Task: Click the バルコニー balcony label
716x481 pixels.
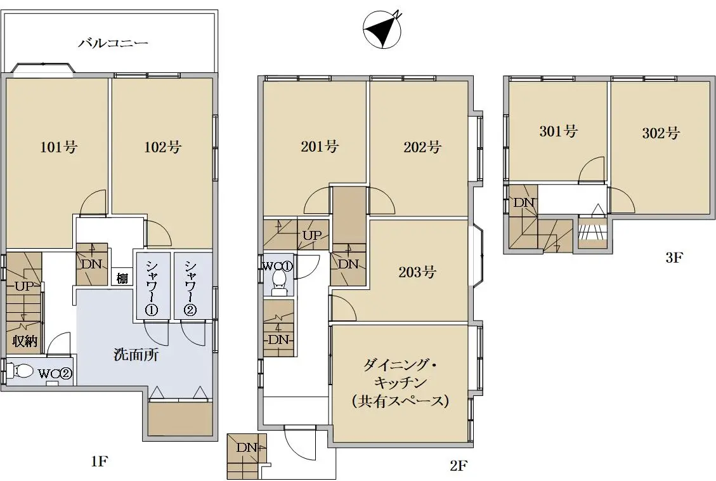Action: (x=114, y=43)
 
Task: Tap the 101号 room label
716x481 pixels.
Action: (x=58, y=147)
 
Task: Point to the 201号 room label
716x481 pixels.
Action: (x=320, y=146)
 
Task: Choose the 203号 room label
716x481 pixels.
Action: (x=417, y=272)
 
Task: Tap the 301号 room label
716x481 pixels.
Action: (x=559, y=131)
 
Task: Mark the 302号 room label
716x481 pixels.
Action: (x=661, y=133)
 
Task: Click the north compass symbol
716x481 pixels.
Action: (x=382, y=29)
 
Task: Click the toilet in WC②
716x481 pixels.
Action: (x=21, y=371)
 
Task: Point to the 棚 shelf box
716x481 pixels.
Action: (x=122, y=278)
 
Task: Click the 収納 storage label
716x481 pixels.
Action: (x=25, y=341)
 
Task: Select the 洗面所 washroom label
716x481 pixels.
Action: (x=136, y=355)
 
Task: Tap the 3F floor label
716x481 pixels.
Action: (x=674, y=258)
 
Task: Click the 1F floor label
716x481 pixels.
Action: (x=99, y=461)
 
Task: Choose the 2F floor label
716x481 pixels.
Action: (x=459, y=466)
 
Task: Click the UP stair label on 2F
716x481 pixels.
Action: (x=312, y=235)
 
